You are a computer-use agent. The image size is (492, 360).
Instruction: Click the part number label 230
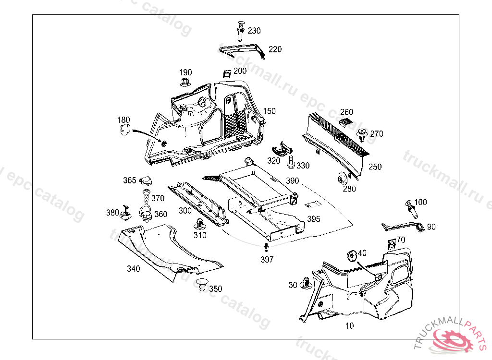pyautogui.click(x=254, y=31)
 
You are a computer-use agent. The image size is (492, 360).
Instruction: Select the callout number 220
pyautogui.click(x=275, y=49)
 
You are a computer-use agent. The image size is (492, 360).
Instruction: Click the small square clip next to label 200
pyautogui.click(x=226, y=73)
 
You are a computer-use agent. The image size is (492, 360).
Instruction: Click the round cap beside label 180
pyautogui.click(x=124, y=130)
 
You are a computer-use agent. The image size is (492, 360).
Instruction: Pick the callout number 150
pyautogui.click(x=269, y=111)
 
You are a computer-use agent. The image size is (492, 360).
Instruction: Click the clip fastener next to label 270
pyautogui.click(x=362, y=134)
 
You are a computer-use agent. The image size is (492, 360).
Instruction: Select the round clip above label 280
pyautogui.click(x=342, y=179)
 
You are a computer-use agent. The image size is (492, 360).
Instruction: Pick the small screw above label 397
pyautogui.click(x=265, y=248)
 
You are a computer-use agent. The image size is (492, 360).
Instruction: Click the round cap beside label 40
pyautogui.click(x=351, y=255)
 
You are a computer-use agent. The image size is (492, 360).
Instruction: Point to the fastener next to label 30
pyautogui.click(x=305, y=284)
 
